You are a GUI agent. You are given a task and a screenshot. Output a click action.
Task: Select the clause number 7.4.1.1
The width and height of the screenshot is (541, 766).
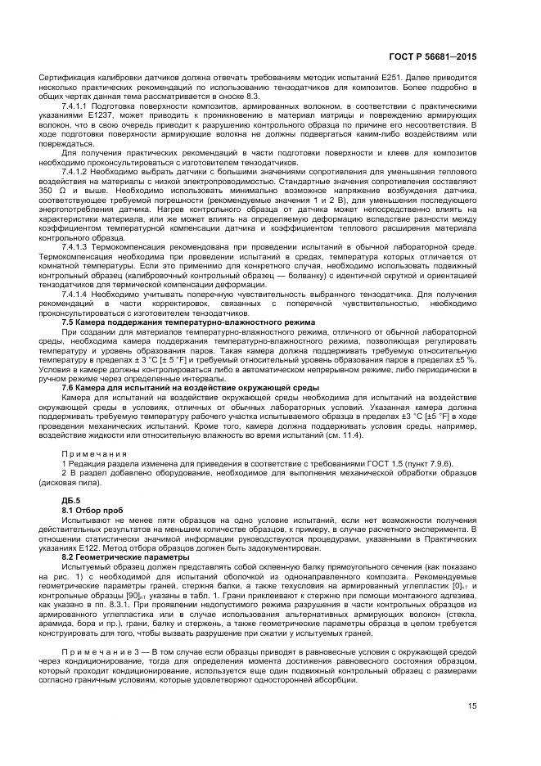coord(78,106)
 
